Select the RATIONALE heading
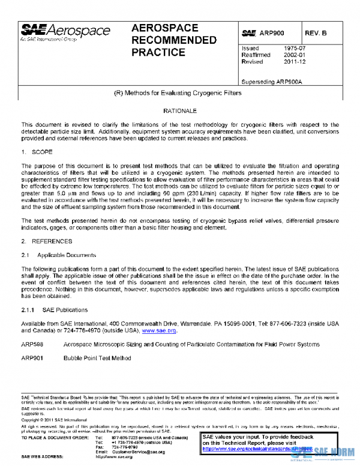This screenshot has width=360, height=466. point(180,112)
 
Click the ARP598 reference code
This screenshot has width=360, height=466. point(31,345)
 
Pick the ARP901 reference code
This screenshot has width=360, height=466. point(31,358)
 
